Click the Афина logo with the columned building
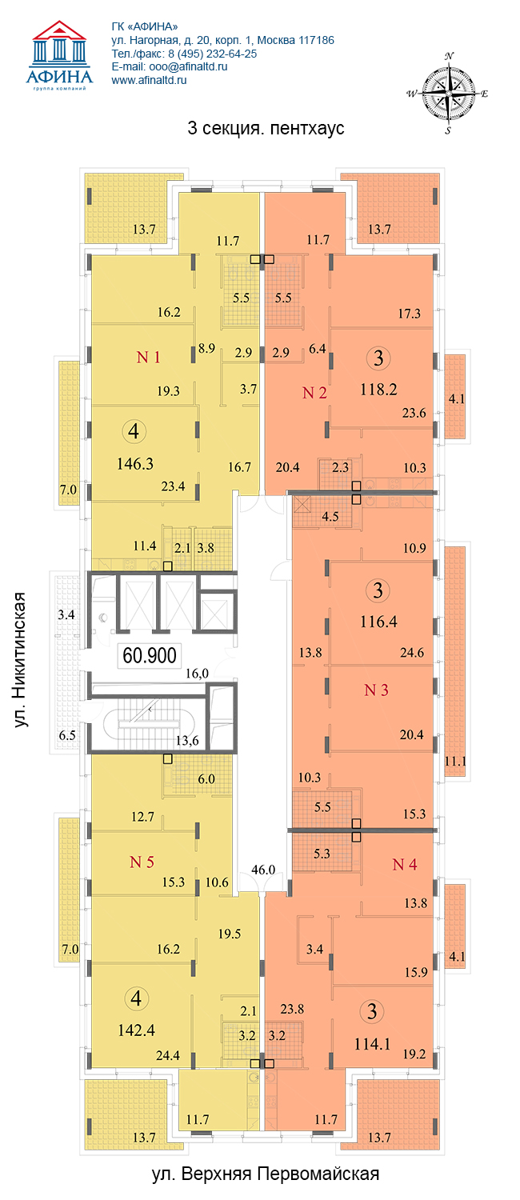pyautogui.click(x=59, y=56)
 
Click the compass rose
pyautogui.click(x=448, y=94)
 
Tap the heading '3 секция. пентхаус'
pyautogui.click(x=266, y=129)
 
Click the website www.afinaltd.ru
pyautogui.click(x=149, y=80)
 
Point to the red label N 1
pyautogui.click(x=148, y=357)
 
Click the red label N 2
pyautogui.click(x=314, y=393)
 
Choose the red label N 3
pyautogui.click(x=376, y=690)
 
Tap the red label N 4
pyautogui.click(x=404, y=864)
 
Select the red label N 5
pyautogui.click(x=142, y=862)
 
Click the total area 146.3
pyautogui.click(x=135, y=463)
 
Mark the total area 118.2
pyautogui.click(x=378, y=390)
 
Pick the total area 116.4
pyautogui.click(x=378, y=622)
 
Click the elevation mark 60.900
pyautogui.click(x=150, y=655)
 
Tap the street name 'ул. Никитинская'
pyautogui.click(x=20, y=659)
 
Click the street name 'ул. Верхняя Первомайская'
pyautogui.click(x=266, y=1174)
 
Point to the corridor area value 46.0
pyautogui.click(x=263, y=870)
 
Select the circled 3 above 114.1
pyautogui.click(x=372, y=1011)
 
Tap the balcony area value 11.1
pyautogui.click(x=455, y=761)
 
